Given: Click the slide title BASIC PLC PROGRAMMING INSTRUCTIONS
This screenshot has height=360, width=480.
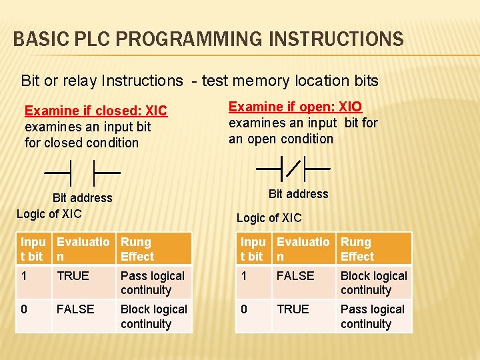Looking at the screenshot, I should tap(208, 39).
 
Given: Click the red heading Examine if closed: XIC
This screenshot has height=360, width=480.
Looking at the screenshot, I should tap(96, 111).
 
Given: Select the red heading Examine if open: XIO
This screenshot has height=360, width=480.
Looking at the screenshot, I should tap(295, 107).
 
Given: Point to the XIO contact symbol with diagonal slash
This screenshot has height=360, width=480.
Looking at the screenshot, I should tap(293, 169).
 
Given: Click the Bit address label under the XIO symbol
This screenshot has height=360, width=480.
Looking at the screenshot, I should tap(298, 194).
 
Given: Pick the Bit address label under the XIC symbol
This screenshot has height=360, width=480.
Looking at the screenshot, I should tap(82, 197).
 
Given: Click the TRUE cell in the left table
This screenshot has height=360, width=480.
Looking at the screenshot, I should tap(73, 276).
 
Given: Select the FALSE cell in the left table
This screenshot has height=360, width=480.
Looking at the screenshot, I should tap(75, 309).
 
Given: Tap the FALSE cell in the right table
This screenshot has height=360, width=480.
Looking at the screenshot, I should tap(295, 276).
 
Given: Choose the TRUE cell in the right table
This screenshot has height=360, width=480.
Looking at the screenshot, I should tap(293, 309).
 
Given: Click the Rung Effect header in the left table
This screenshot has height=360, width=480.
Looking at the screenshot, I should tap(137, 249).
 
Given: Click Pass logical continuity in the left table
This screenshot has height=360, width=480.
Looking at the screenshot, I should tap(153, 283).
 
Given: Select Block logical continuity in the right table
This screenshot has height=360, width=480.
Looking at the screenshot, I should tap(373, 283).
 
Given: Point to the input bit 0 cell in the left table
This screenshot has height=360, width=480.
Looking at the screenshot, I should tap(25, 309).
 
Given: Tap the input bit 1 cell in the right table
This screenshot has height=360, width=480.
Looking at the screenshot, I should tap(244, 276).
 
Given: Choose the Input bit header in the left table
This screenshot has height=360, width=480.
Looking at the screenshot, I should tap(33, 249).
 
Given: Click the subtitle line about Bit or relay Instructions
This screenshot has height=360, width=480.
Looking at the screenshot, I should tap(200, 81).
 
